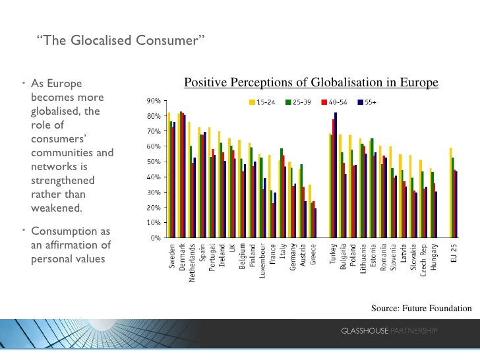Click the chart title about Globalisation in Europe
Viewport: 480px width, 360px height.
311,82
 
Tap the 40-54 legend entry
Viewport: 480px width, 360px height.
335,102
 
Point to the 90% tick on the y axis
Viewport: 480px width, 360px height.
154,101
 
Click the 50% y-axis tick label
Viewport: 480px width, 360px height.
154,162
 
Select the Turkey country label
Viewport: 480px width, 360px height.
334,255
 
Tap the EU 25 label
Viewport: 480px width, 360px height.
454,252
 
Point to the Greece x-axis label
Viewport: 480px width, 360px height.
313,255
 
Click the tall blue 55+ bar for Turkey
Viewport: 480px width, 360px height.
336,175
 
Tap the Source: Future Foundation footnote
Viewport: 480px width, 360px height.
421,308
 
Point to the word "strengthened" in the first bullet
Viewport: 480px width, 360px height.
63,181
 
